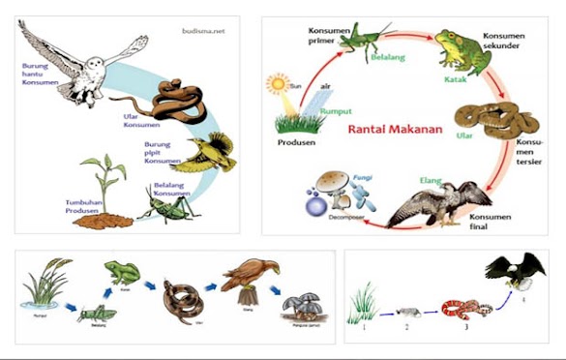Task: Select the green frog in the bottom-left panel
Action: coord(122,274)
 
